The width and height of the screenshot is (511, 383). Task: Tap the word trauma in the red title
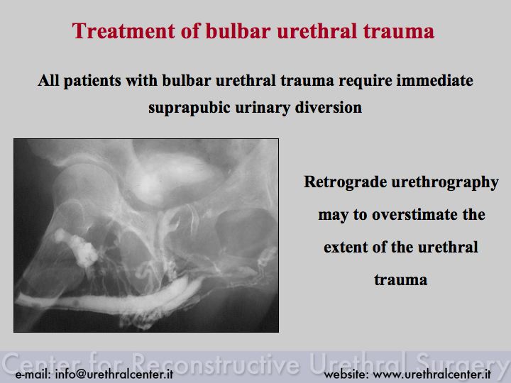399,31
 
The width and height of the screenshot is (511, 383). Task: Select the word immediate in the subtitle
434,80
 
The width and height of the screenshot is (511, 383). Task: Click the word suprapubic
189,108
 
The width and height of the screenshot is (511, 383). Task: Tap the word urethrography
445,182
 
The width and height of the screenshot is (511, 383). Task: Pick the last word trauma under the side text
400,279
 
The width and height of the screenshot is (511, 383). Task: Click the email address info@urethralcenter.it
114,374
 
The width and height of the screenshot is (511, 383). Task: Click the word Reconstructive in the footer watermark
216,362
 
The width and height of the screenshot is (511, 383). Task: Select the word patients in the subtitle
92,81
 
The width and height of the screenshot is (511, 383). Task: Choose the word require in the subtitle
365,81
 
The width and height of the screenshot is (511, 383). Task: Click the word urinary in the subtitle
263,108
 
